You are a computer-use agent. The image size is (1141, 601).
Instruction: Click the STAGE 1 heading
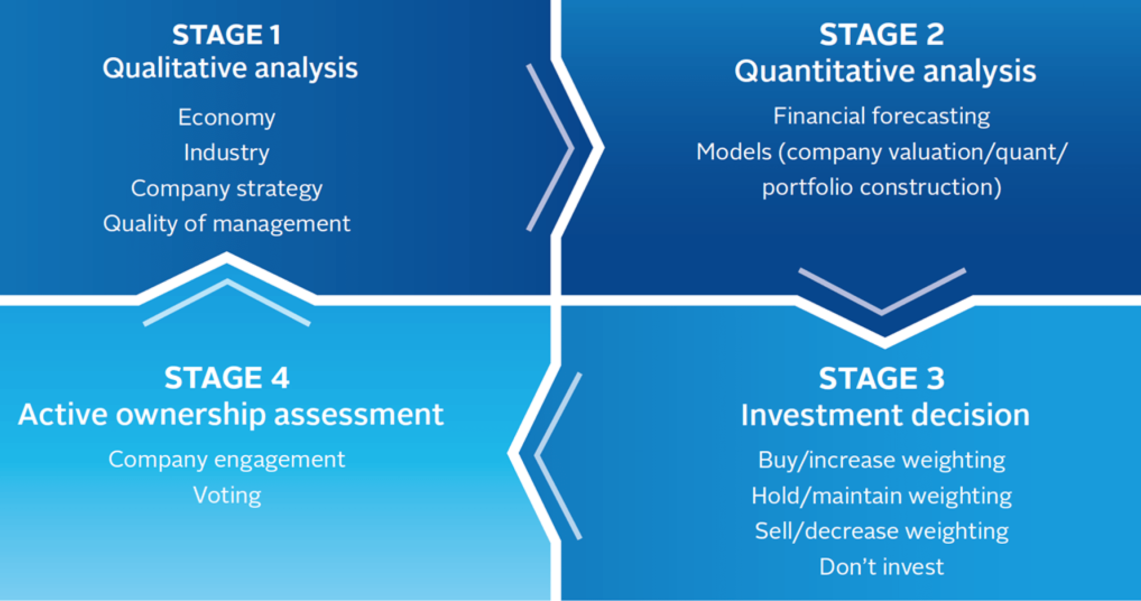[227, 35]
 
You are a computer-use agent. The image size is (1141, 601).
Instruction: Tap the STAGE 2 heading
[882, 34]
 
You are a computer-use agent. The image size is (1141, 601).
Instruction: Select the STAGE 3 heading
[882, 378]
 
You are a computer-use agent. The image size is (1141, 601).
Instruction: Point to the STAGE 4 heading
[227, 378]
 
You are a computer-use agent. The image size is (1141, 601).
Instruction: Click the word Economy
[227, 118]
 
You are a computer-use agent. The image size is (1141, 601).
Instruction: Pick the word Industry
[227, 152]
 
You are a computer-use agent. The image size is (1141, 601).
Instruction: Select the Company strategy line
[227, 189]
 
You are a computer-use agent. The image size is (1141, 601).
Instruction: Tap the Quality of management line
[227, 223]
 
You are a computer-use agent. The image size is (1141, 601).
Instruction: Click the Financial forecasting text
[882, 116]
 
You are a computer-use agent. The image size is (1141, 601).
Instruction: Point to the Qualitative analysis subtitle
[230, 68]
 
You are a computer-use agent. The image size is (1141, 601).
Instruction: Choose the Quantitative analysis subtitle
[885, 71]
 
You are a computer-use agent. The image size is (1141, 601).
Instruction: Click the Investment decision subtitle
[885, 414]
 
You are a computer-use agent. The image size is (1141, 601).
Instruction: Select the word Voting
[227, 496]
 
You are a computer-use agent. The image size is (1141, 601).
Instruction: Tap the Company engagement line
[227, 460]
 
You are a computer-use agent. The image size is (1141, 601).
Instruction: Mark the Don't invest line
[882, 567]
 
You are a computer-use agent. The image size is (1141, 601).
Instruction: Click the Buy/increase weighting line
[882, 460]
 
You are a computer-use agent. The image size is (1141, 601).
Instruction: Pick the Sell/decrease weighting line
[882, 531]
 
